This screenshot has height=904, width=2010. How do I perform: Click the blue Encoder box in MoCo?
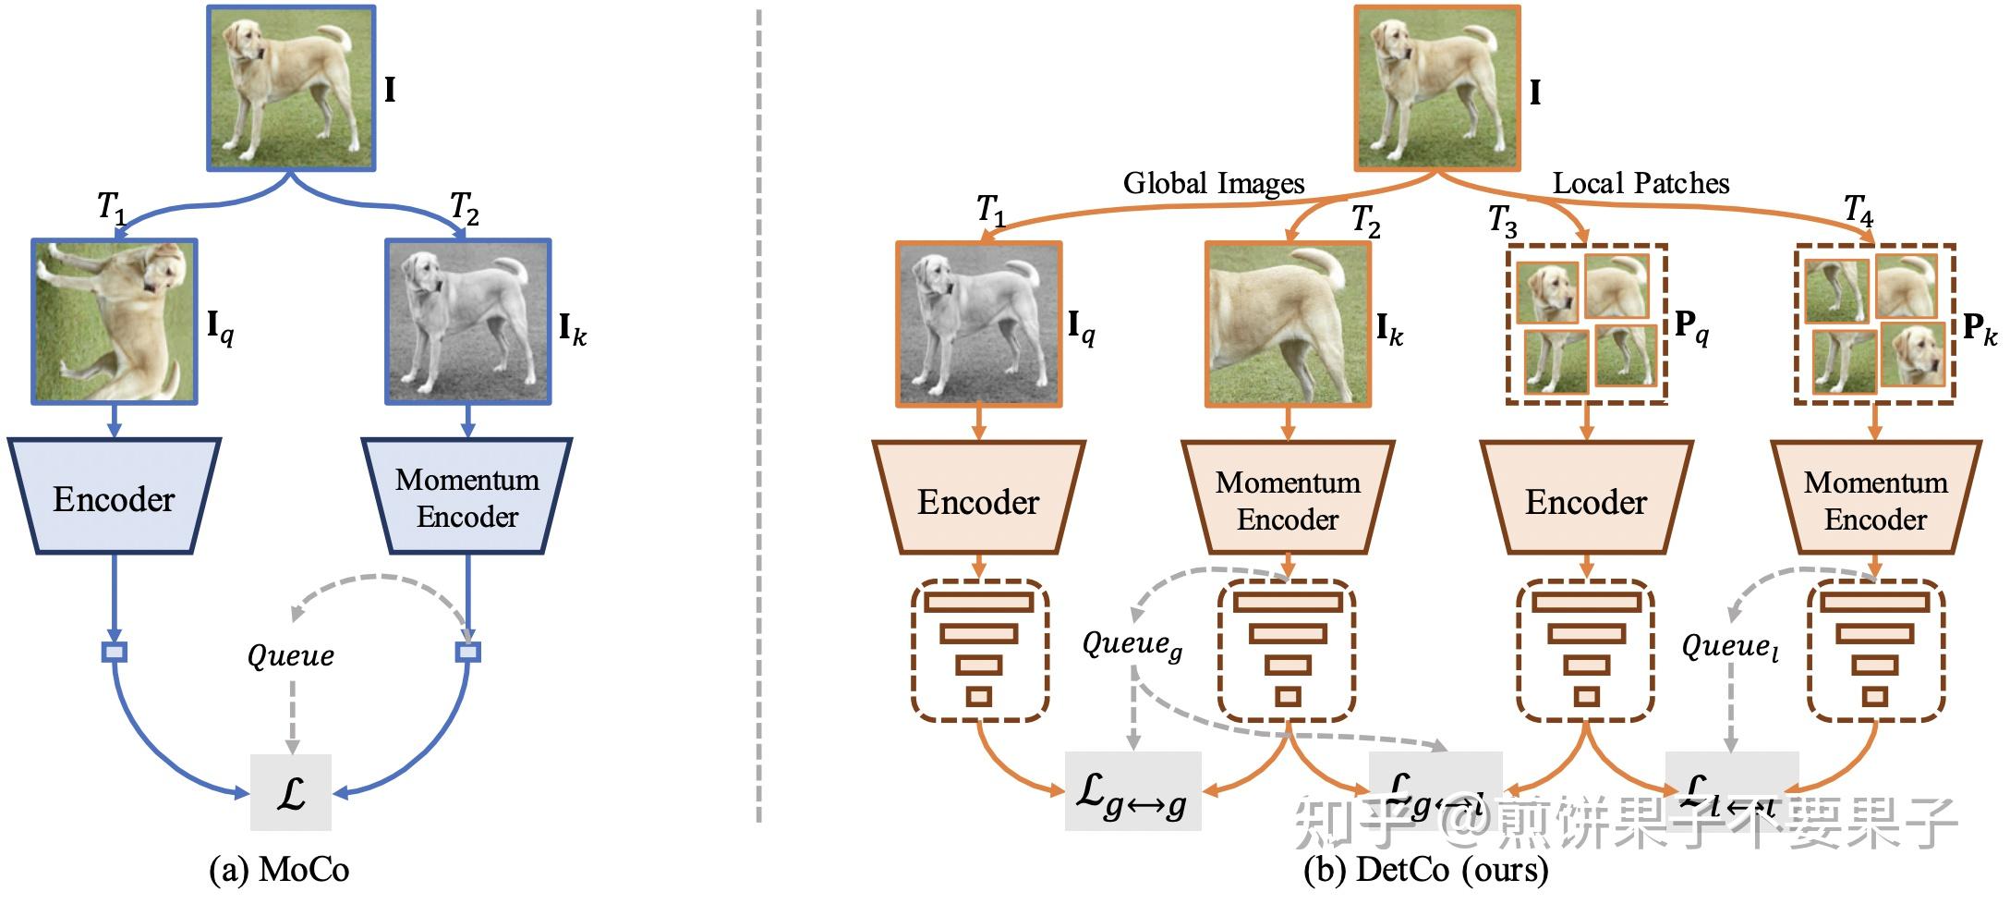114,497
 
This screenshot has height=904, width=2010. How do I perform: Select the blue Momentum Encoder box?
466,497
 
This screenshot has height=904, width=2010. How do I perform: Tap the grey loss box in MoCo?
291,792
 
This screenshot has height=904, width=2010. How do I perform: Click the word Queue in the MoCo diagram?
290,655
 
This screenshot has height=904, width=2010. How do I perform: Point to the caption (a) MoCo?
280,870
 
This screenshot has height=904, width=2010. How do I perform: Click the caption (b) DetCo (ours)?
1425,870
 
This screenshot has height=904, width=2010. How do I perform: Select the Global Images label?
1213,183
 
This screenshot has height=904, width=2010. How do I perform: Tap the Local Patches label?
1641,183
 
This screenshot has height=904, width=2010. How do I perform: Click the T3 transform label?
1502,221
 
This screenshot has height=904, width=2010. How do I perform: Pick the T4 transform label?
1858,210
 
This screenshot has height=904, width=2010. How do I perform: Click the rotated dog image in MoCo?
115,322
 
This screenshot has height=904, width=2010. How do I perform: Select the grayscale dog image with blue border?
467,322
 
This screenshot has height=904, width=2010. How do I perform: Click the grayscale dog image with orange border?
979,324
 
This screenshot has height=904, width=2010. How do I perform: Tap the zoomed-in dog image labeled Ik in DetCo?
1288,324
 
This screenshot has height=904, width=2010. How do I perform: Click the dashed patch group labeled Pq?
1587,324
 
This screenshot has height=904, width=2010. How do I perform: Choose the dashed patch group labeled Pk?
1875,324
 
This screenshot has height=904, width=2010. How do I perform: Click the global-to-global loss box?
1132,792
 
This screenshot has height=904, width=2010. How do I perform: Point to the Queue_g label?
1132,644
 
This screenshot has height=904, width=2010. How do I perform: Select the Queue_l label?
1729,646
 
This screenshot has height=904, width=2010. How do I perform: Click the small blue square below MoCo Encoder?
114,653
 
